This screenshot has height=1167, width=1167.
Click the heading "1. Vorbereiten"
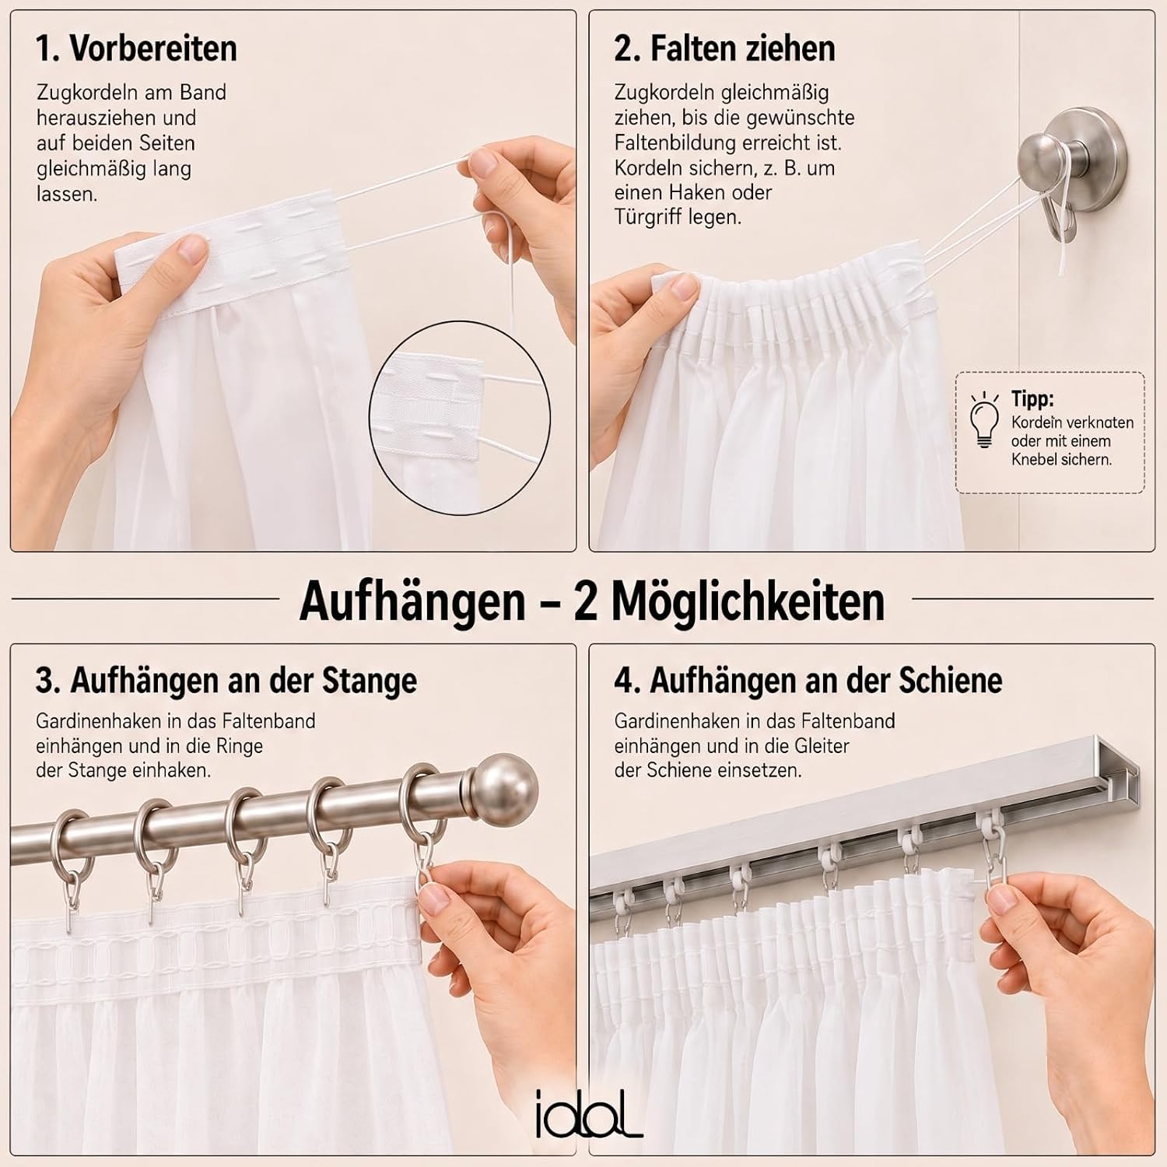[136, 48]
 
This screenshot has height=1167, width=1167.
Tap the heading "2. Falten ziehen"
[724, 48]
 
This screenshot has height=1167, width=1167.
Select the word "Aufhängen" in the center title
[412, 601]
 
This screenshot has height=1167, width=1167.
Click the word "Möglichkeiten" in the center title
[748, 601]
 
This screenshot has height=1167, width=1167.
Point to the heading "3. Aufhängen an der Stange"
[226, 681]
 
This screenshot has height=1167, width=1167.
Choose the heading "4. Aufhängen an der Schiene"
[808, 681]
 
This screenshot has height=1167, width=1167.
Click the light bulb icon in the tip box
[984, 420]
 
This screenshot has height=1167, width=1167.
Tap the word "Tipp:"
[1032, 399]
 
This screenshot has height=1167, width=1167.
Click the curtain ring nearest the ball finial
[421, 809]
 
